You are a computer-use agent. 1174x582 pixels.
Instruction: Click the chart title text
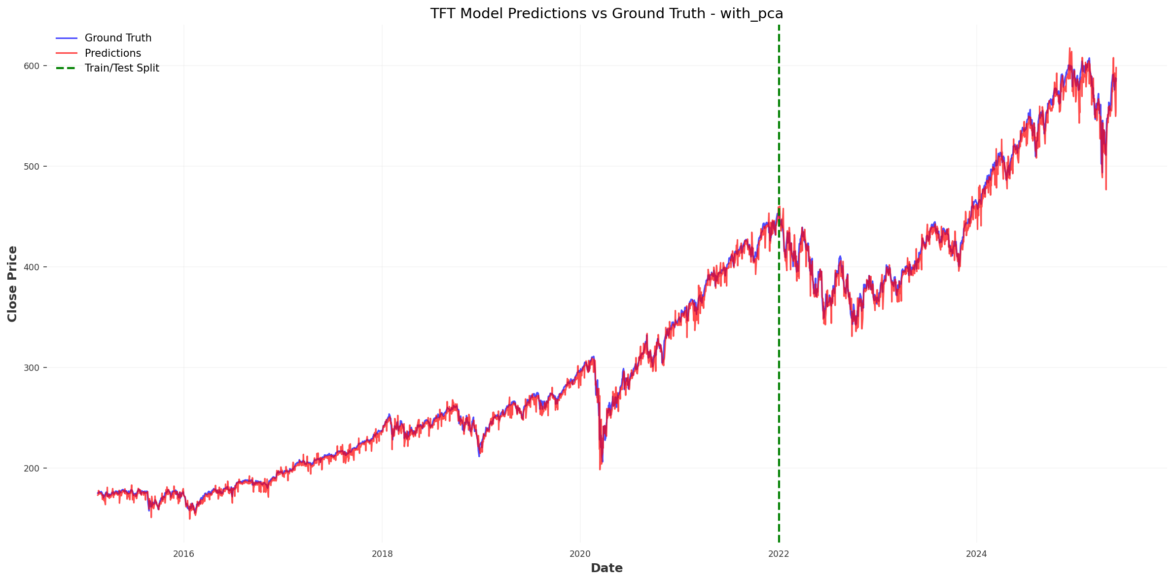pos(606,13)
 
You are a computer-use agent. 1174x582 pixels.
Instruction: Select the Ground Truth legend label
pos(118,38)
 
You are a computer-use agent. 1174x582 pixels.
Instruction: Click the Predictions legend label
pos(112,53)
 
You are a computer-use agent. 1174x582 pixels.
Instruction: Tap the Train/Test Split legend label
pos(122,68)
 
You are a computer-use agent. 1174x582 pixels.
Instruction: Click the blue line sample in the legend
pos(67,38)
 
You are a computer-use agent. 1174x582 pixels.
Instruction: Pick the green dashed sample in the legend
pos(67,68)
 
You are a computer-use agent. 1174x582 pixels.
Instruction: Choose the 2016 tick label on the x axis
pos(183,554)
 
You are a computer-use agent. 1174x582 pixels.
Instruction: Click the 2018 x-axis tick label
pos(382,554)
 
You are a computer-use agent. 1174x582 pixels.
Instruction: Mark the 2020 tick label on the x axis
pos(580,554)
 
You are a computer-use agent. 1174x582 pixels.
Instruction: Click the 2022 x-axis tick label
pos(779,554)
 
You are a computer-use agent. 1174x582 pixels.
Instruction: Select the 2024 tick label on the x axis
pos(977,554)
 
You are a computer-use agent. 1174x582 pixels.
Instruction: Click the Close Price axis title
pos(12,284)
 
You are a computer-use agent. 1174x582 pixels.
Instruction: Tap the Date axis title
pos(606,568)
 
